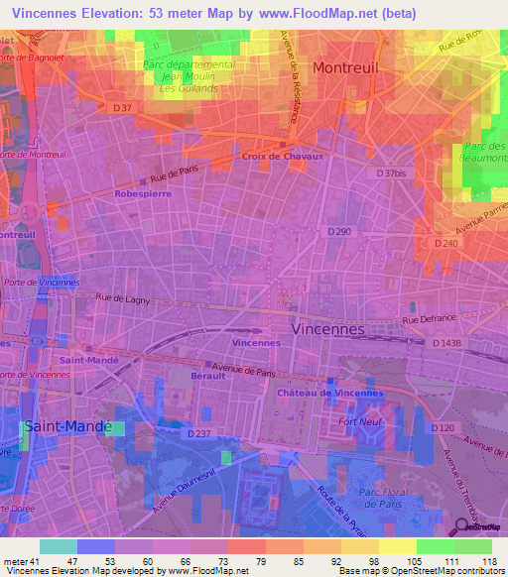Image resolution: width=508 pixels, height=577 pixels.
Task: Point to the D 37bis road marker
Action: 393,173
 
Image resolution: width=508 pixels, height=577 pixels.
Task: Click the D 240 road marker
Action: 446,242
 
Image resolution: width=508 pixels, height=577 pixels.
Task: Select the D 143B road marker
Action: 448,343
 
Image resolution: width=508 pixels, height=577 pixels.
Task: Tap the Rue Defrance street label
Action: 427,320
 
